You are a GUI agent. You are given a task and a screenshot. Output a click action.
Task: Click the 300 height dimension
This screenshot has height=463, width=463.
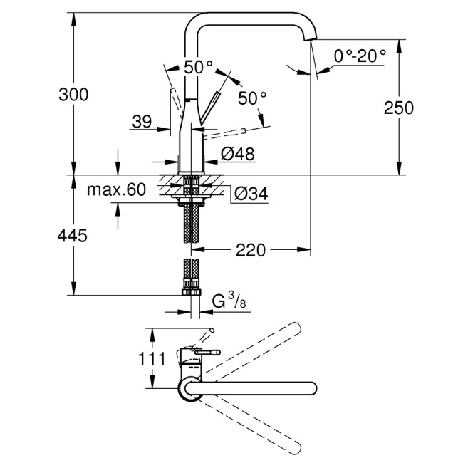tap(73, 94)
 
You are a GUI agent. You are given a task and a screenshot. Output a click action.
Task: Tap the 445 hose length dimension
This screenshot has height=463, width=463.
tap(73, 236)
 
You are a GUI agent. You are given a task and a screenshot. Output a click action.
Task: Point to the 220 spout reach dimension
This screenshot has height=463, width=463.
tap(251, 250)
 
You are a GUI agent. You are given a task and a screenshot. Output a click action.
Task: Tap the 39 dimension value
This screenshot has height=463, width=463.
tap(142, 122)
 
